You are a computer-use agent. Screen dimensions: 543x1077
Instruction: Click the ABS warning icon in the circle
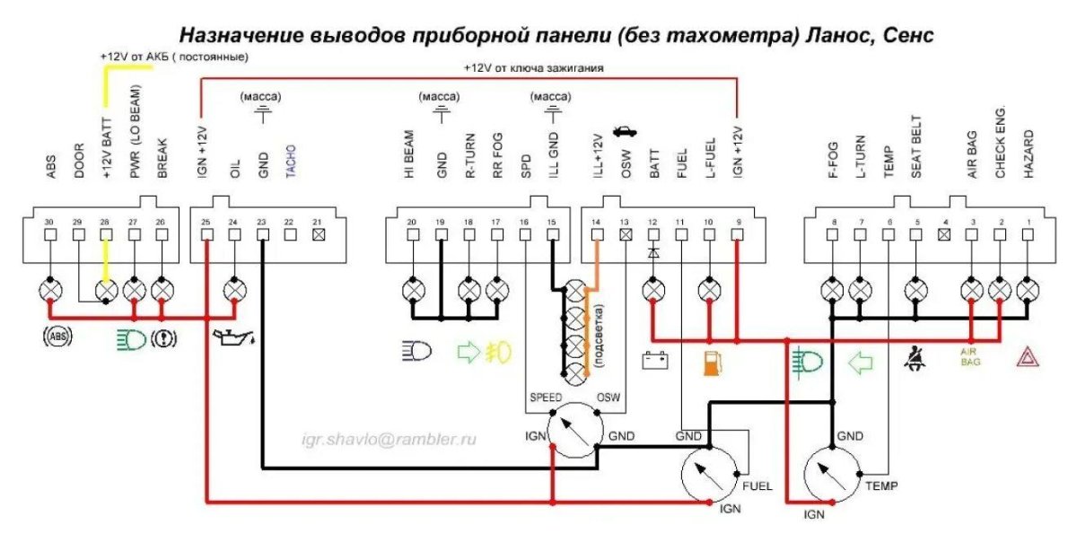coord(57,339)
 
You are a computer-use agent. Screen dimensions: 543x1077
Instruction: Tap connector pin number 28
coord(107,235)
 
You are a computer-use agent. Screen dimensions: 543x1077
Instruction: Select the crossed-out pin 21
coord(317,235)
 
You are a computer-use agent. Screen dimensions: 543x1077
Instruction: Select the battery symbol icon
coord(653,363)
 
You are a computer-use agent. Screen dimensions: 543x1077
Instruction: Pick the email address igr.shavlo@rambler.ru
coord(389,439)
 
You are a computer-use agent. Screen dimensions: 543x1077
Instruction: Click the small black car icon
coord(624,132)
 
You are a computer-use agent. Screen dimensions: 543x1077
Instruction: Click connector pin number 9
coord(737,235)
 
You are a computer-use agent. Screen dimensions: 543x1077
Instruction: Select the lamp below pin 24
coord(235,291)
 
